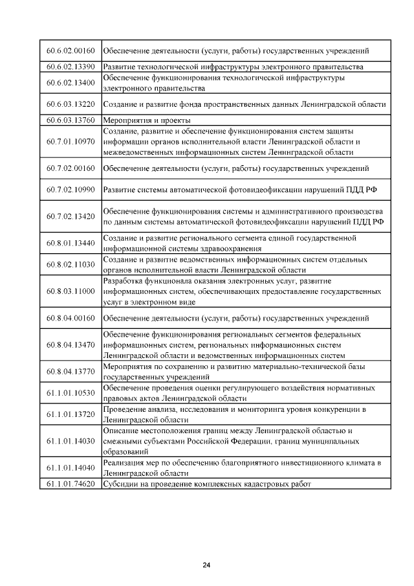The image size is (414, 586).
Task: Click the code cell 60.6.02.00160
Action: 71,51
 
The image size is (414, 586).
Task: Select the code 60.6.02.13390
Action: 71,67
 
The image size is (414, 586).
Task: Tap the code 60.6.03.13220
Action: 71,104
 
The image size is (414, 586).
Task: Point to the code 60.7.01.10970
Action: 71,141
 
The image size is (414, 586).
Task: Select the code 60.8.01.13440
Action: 71,243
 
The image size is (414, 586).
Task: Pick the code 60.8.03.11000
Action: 71,291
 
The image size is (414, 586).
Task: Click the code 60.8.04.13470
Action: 71,344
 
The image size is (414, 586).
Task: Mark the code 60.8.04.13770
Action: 71,371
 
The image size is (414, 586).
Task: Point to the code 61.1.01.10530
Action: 71,392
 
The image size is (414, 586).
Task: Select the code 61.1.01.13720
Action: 71,414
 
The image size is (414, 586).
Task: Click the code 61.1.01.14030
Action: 71,441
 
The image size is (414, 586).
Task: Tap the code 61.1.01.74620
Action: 71,484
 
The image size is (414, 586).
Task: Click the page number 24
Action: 206,565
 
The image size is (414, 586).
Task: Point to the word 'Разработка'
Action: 124,280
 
